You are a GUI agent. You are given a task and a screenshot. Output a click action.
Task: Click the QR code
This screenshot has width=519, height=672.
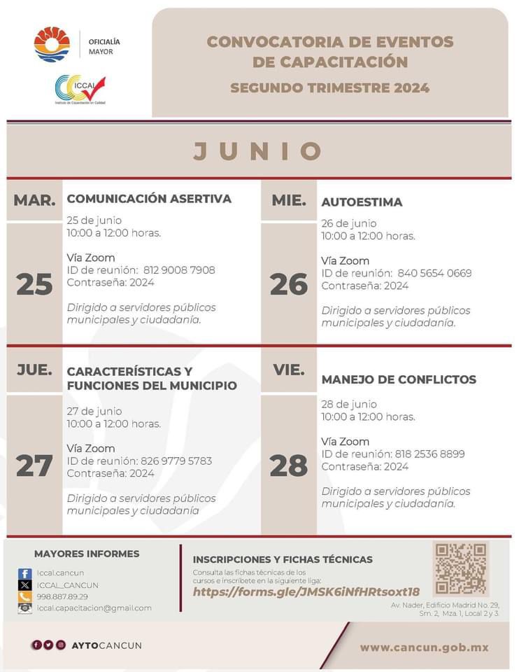pyautogui.click(x=460, y=568)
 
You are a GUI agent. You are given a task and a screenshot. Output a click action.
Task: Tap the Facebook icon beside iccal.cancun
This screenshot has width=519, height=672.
pyautogui.click(x=25, y=573)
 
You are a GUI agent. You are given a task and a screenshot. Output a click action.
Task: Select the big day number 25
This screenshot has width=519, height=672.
pyautogui.click(x=34, y=284)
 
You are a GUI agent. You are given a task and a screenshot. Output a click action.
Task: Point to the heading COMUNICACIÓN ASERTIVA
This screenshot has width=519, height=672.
pyautogui.click(x=149, y=199)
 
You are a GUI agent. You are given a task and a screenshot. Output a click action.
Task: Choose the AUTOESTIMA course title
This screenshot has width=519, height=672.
pyautogui.click(x=362, y=202)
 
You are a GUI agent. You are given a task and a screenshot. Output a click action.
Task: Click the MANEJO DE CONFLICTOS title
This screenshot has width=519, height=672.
pyautogui.click(x=399, y=379)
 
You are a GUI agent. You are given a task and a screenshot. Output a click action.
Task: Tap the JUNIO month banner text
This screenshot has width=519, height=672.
pyautogui.click(x=258, y=151)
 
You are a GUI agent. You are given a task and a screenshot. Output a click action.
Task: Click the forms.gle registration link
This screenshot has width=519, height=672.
pyautogui.click(x=306, y=591)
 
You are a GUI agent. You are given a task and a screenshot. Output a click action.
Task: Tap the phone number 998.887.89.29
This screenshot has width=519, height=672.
pyautogui.click(x=63, y=596)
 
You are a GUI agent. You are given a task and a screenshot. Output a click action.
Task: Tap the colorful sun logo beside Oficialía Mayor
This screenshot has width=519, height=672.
pyautogui.click(x=52, y=45)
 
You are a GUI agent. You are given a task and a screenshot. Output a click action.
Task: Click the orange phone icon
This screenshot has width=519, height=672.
pyautogui.click(x=25, y=596)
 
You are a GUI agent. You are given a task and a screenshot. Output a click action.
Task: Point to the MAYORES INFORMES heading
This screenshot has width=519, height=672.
pyautogui.click(x=87, y=554)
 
